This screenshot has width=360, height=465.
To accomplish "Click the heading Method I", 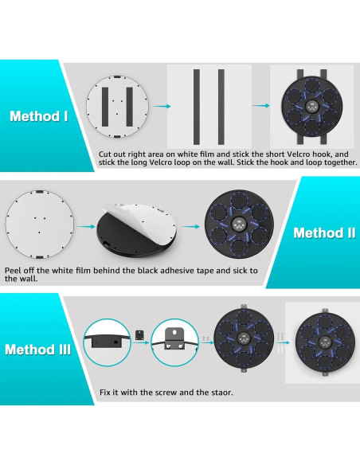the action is [x=39, y=116].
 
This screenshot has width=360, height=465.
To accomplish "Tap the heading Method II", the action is [x=324, y=232].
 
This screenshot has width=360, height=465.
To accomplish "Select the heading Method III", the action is [x=38, y=350].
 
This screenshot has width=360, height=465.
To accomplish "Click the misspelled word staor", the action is [x=222, y=393].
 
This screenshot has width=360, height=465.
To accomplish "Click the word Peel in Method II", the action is [x=13, y=271].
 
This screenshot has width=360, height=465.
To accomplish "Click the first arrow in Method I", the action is [x=162, y=106].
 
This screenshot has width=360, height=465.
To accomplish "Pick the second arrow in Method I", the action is [x=260, y=106].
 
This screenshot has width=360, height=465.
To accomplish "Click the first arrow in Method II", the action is [x=86, y=227].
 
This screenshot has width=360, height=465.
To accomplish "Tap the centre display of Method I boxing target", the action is [x=312, y=106].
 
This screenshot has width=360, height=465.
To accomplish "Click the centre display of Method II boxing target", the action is [x=239, y=225].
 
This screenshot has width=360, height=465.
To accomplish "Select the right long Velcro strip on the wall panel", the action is [x=221, y=107].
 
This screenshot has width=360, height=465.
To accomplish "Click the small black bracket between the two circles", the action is [x=139, y=334].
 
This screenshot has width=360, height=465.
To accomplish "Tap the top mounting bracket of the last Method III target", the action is [x=325, y=311].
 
